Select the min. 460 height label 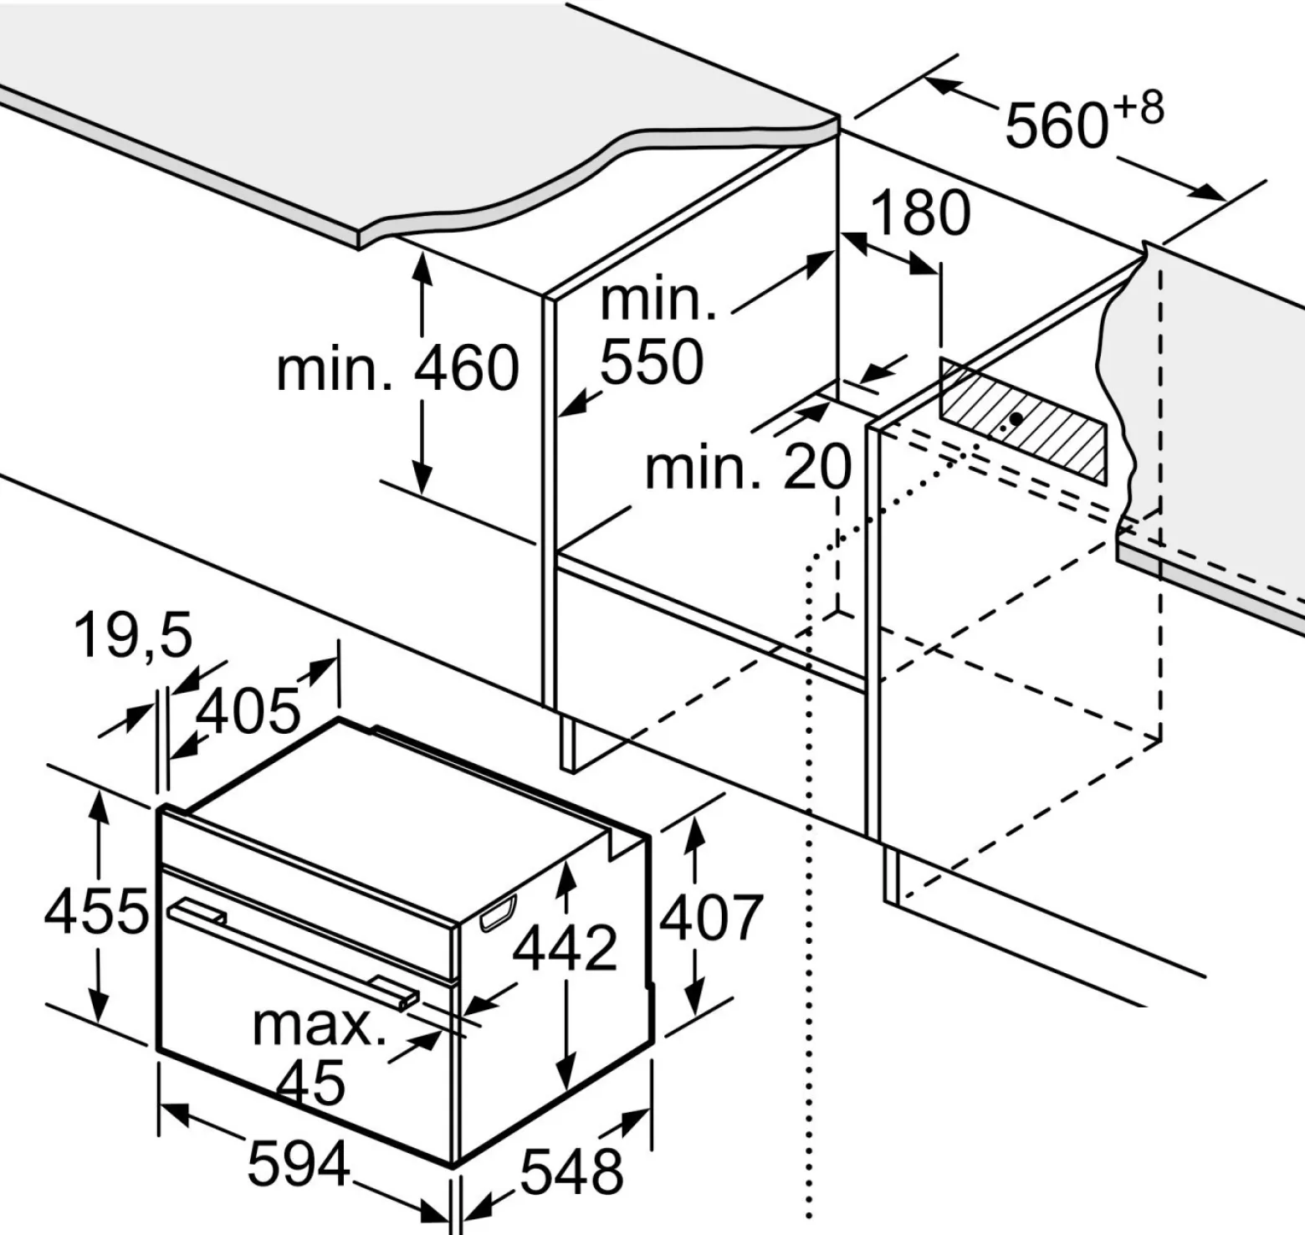click(x=397, y=368)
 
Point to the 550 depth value click(x=652, y=361)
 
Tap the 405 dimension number click(x=248, y=710)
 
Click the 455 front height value click(x=96, y=911)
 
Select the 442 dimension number click(x=565, y=948)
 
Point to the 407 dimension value click(x=711, y=917)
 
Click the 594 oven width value click(x=299, y=1164)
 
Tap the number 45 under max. click(x=310, y=1082)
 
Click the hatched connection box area click(x=1023, y=421)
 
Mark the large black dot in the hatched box click(x=1016, y=418)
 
